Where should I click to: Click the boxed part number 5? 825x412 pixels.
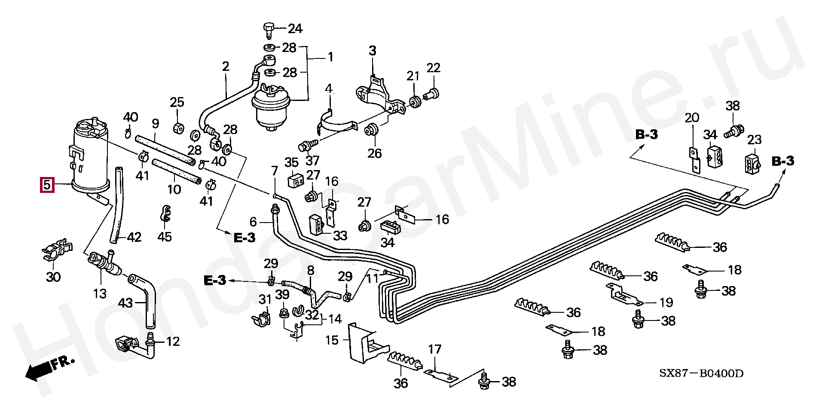(47, 185)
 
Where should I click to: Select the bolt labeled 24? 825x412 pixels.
(268, 29)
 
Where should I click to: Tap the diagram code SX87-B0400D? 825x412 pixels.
(701, 373)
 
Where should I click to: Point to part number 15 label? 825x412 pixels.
(332, 341)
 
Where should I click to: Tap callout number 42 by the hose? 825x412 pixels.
(134, 237)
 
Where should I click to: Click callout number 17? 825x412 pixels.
(434, 349)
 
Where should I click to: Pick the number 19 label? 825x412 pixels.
(666, 302)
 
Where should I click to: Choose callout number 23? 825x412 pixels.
(755, 140)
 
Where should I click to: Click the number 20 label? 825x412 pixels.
(692, 117)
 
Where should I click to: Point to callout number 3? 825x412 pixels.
(372, 51)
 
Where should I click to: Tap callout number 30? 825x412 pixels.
(53, 277)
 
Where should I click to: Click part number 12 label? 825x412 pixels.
(173, 342)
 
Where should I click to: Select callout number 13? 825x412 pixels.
(100, 294)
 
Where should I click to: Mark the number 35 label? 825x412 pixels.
(291, 162)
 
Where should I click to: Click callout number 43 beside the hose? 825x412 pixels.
(125, 303)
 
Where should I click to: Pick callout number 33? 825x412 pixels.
(340, 236)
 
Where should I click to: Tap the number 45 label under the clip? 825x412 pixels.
(165, 236)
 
